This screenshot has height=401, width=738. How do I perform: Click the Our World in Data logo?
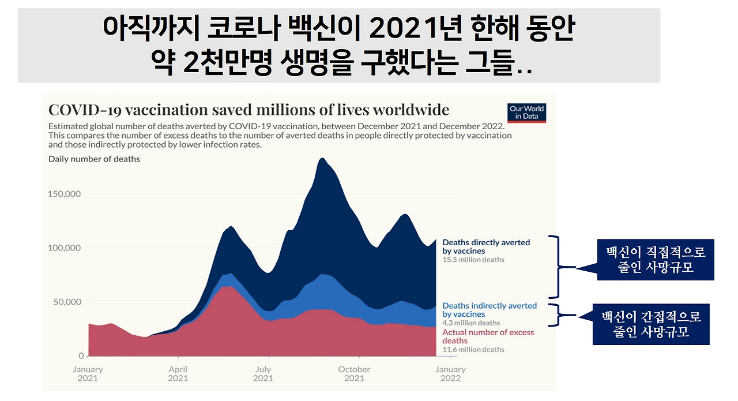526,113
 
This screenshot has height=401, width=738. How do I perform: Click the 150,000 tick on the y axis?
64,194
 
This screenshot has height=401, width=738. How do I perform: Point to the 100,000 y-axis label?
64,248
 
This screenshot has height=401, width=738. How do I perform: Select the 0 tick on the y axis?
81,355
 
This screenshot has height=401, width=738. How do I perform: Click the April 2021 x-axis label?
178,374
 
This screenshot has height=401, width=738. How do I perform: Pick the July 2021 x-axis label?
263,374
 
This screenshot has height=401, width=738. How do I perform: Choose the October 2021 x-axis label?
354,374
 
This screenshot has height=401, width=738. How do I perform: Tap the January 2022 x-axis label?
450,374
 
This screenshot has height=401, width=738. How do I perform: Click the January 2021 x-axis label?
88,374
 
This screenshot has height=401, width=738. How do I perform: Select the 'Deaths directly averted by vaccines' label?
486,247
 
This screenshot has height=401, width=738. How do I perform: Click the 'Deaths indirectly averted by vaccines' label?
490,310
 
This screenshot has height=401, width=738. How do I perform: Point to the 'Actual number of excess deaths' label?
488,336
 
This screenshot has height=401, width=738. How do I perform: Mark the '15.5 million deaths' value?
473,260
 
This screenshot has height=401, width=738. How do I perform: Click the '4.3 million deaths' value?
471,323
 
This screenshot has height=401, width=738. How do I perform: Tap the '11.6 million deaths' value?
473,350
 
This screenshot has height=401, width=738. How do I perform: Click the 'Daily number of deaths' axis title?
94,159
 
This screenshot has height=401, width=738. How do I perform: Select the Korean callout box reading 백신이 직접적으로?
656,260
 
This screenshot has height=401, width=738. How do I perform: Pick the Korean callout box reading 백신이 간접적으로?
651,324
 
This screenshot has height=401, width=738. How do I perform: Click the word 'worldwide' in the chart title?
411,110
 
